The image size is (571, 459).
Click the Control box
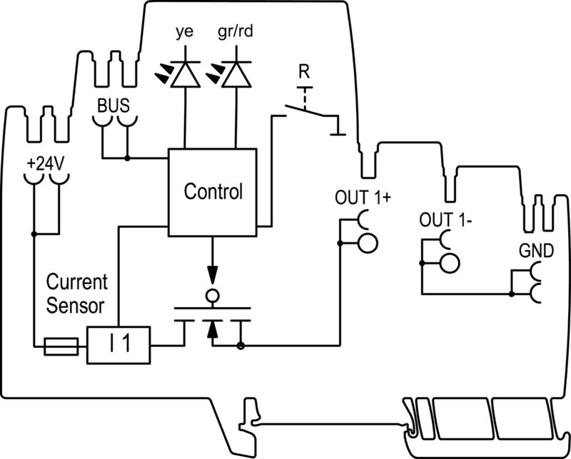(212, 192)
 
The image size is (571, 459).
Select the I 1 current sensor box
(119, 346)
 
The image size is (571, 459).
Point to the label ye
(185, 33)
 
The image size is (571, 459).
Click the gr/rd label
(236, 33)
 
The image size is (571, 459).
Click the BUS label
(114, 105)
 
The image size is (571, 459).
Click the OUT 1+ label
(363, 198)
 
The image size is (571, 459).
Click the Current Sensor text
(77, 293)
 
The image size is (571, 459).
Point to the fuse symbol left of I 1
(61, 347)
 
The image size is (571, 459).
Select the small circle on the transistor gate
(211, 295)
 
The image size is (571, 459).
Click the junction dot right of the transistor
(241, 347)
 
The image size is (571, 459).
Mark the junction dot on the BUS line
(127, 157)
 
